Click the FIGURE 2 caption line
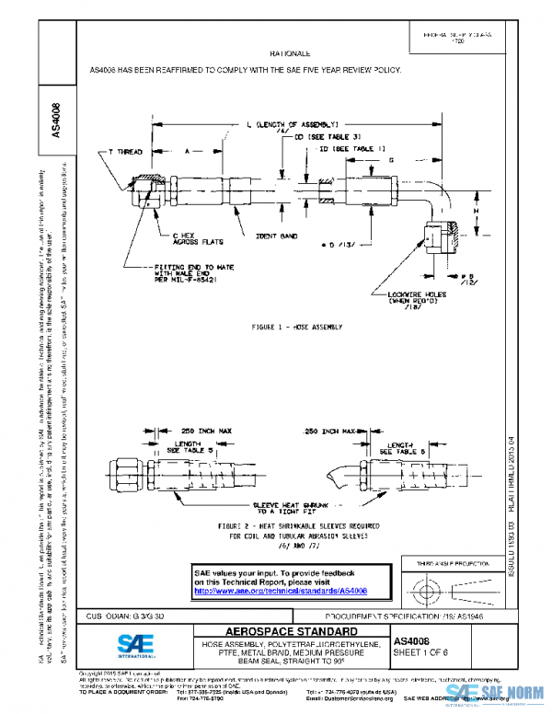(x=296, y=525)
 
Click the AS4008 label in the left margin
(x=57, y=119)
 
